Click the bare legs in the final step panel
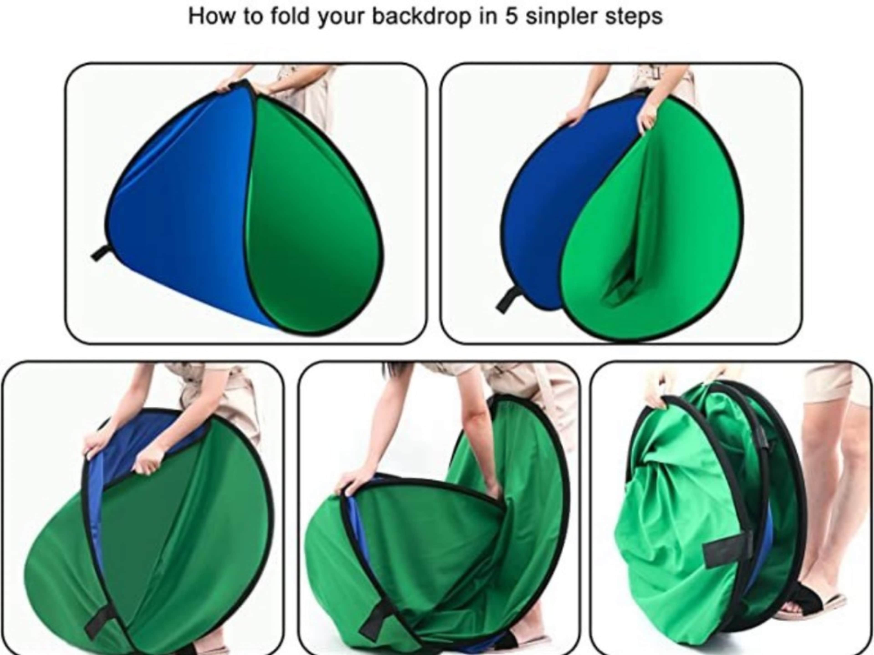click(822, 494)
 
